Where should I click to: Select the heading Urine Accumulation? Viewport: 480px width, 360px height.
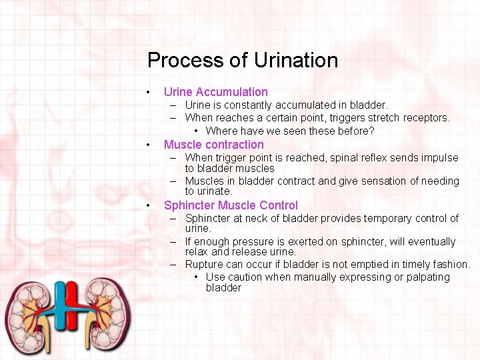215,92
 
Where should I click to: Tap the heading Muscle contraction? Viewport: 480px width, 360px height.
213,145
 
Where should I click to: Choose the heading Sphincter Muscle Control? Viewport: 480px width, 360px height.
231,205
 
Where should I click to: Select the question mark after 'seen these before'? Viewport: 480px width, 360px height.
371,131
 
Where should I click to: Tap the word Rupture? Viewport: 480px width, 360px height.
204,265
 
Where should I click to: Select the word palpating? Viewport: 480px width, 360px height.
427,277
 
